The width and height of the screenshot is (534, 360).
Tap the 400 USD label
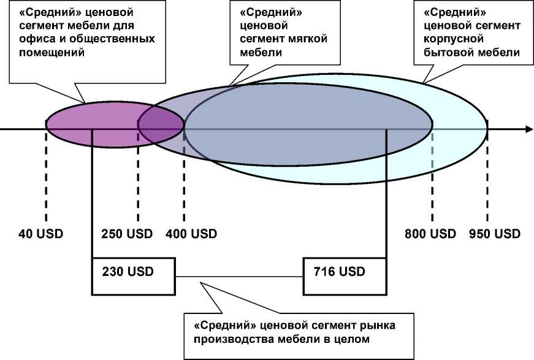(191, 234)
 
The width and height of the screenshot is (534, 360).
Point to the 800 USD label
(430, 234)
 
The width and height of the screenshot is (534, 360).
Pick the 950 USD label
(495, 234)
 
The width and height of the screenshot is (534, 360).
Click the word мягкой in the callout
(307, 39)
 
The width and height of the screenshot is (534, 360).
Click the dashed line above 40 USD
(46, 178)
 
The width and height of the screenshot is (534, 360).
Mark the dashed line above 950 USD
(487, 178)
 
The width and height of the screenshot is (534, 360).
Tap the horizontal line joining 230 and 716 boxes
(239, 276)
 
